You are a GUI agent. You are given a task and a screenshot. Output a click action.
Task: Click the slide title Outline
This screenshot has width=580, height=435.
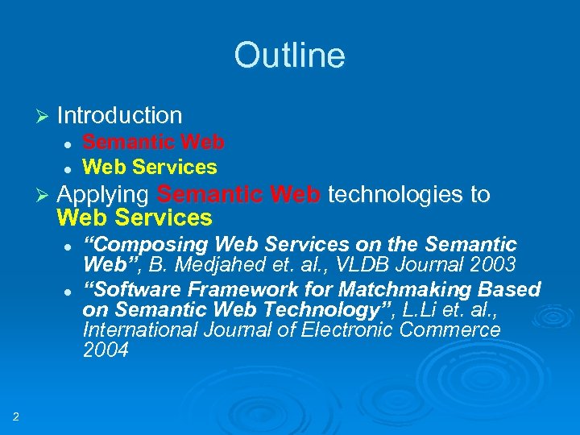289,56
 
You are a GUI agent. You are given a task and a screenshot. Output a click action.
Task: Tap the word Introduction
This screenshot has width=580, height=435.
120,116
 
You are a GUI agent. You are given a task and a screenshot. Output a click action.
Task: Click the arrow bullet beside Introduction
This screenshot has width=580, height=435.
45,116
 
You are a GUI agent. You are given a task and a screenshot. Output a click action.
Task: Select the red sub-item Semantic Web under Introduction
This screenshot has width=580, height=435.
153,143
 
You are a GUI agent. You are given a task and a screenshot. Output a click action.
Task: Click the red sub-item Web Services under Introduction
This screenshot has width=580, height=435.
150,167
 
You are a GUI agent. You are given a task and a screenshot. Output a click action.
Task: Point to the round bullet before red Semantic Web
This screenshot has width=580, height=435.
68,143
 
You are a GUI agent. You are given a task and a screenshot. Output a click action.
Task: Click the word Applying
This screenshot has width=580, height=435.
103,195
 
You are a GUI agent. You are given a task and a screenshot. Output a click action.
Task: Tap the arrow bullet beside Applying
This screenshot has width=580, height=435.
45,195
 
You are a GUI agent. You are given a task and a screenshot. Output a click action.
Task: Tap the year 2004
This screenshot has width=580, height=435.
105,350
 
